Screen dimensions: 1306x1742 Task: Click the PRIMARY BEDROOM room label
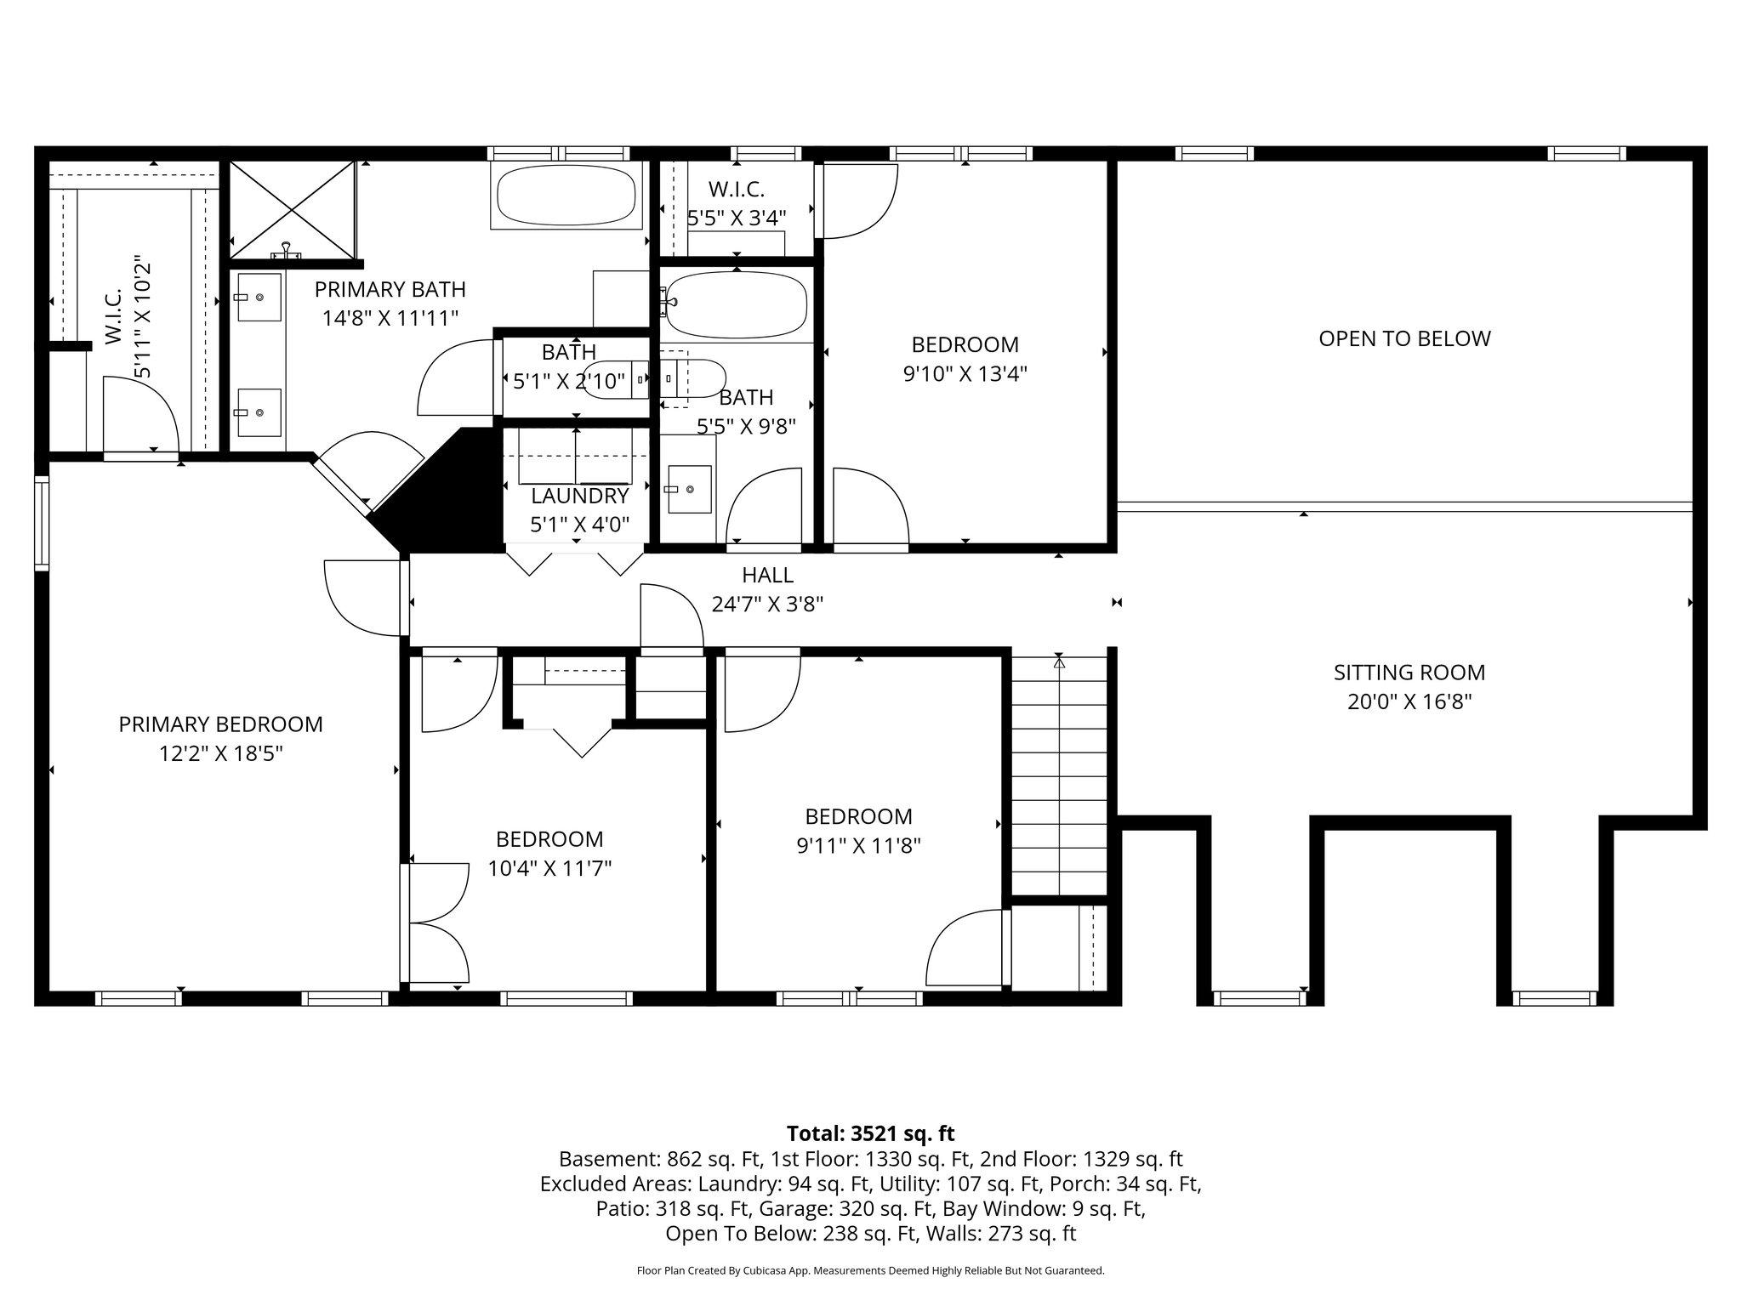click(x=220, y=724)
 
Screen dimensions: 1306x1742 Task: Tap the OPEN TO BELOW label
click(x=1404, y=338)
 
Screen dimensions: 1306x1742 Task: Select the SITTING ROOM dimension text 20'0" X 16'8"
click(x=1409, y=702)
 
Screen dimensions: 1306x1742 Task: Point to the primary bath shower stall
click(x=292, y=209)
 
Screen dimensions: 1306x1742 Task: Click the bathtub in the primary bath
click(x=566, y=196)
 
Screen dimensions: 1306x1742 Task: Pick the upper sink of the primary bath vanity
click(x=259, y=297)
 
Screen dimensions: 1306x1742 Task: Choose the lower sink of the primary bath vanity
click(x=259, y=412)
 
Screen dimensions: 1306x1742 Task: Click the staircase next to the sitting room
click(x=1059, y=774)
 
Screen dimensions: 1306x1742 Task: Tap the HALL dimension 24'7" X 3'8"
click(x=767, y=605)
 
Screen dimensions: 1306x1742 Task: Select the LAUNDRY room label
click(x=579, y=496)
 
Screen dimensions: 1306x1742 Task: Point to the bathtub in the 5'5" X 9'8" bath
click(x=736, y=305)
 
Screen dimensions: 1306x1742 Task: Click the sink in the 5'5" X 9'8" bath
click(x=689, y=490)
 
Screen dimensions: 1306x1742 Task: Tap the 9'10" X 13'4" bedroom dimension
click(x=965, y=374)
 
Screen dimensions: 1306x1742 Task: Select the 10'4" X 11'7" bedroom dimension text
click(x=549, y=869)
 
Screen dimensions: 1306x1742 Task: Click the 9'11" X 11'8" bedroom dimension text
click(x=858, y=846)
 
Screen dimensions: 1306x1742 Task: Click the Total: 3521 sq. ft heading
click(x=870, y=1133)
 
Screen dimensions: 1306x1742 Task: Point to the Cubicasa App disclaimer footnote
click(x=870, y=1271)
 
